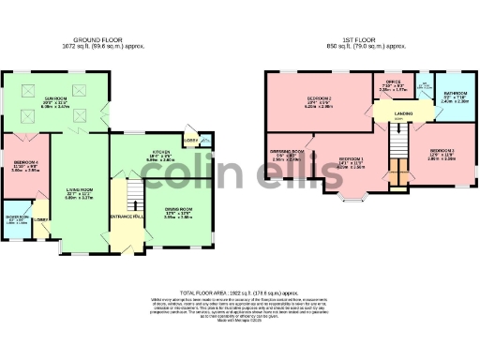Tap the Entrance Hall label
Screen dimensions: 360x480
point(125,217)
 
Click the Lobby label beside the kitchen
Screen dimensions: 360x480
point(191,142)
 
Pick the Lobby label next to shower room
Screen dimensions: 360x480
point(40,220)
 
